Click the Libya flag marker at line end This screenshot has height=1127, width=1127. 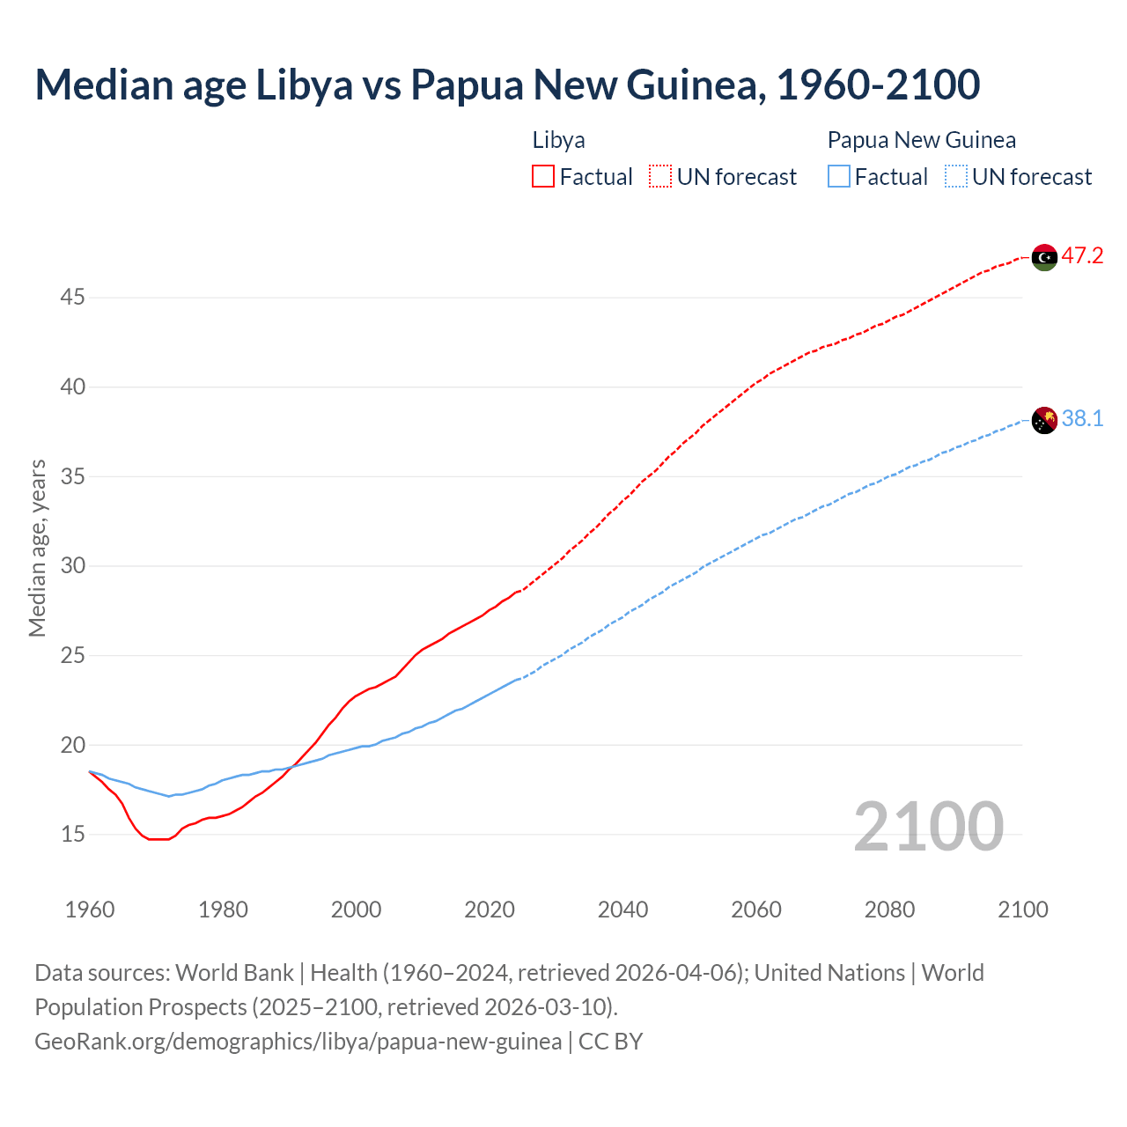click(x=1044, y=257)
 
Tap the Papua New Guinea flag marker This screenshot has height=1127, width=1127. click(x=1044, y=421)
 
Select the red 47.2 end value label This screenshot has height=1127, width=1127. click(x=1082, y=256)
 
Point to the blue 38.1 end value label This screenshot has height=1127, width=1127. click(x=1082, y=419)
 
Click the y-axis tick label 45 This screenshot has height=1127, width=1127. click(x=72, y=298)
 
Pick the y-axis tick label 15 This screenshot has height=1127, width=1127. click(x=72, y=834)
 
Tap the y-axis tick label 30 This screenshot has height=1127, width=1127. click(x=72, y=565)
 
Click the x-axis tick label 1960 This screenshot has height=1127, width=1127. click(x=90, y=910)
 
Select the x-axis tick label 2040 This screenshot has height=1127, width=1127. click(x=622, y=910)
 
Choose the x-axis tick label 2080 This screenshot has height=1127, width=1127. click(x=889, y=910)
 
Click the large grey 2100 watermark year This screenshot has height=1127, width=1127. click(x=928, y=826)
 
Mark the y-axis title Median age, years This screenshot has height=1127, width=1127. click(x=37, y=548)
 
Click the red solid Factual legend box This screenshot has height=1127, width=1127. click(x=543, y=177)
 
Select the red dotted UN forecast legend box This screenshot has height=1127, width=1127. click(x=660, y=177)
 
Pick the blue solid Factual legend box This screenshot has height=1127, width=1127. click(x=839, y=177)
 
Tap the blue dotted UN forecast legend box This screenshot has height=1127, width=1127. click(x=956, y=177)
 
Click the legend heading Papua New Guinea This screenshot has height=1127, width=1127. click(x=921, y=140)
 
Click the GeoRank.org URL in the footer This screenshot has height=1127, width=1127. click(x=298, y=1042)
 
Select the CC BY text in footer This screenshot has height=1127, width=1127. click(x=611, y=1042)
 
